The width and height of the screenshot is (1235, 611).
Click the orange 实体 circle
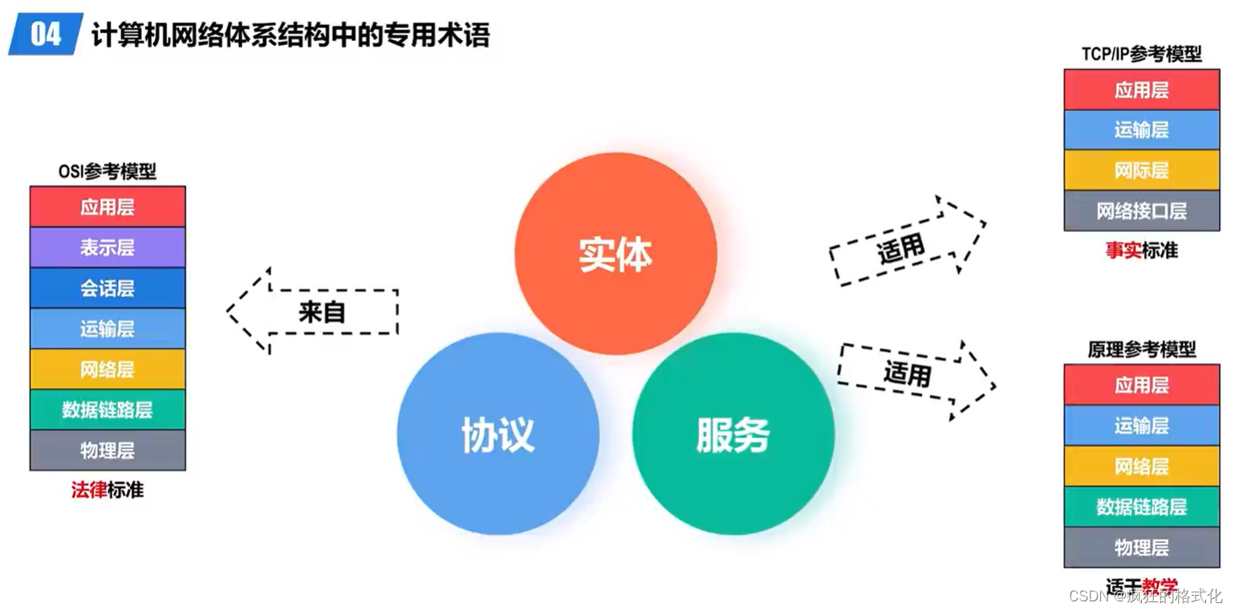tap(615, 254)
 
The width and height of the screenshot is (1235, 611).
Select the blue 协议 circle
tap(498, 434)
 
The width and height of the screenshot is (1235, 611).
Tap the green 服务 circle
tap(733, 434)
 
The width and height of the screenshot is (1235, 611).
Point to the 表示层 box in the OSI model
tap(108, 247)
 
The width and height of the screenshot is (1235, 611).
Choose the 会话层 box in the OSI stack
tap(108, 288)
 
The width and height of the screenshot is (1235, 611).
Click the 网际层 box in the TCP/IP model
tap(1141, 170)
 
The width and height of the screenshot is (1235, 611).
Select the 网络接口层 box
tap(1141, 211)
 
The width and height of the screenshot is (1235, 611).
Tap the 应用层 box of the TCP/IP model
tap(1141, 90)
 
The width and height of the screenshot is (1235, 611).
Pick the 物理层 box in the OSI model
tap(108, 450)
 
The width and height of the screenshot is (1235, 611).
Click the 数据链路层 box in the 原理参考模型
tap(1141, 507)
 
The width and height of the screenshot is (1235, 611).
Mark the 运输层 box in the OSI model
tap(108, 328)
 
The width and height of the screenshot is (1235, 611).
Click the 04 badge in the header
tap(47, 35)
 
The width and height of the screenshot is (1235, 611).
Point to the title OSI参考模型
tap(108, 171)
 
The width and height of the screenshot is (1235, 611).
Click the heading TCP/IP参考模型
tap(1141, 55)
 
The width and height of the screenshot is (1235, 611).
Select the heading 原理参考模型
tap(1141, 350)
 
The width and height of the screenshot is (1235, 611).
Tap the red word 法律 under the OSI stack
tap(88, 490)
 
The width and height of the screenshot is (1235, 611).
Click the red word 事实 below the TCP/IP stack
tap(1123, 251)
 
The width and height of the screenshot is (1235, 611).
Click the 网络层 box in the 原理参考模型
tap(1141, 466)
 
